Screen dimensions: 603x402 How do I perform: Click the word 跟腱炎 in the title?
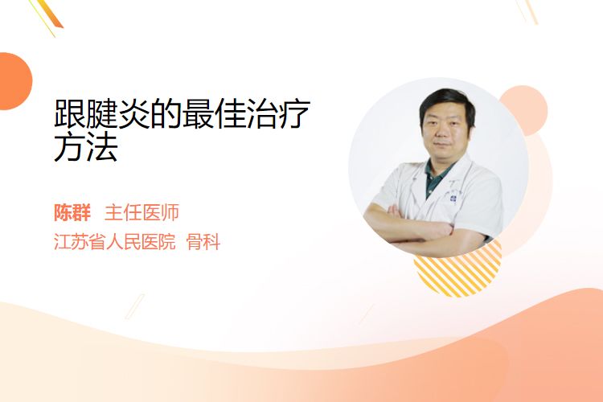coord(102,113)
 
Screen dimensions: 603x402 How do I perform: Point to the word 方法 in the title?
coord(86,147)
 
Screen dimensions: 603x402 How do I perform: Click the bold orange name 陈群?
coord(72,213)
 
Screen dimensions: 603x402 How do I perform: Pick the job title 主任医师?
coord(142,213)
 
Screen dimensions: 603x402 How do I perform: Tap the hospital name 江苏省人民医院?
coord(115,242)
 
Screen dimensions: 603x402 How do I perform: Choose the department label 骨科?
coord(203,242)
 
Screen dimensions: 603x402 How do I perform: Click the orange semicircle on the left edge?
coord(14,81)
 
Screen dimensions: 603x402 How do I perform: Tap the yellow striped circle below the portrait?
coord(457,275)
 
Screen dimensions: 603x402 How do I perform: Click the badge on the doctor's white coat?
coord(453,199)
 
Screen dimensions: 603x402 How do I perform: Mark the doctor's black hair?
coord(447,103)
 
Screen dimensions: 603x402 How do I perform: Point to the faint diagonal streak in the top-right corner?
coord(529,11)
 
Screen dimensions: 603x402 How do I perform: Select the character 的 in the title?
coord(166,113)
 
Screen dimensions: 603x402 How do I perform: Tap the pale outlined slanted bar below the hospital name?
coord(135,306)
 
